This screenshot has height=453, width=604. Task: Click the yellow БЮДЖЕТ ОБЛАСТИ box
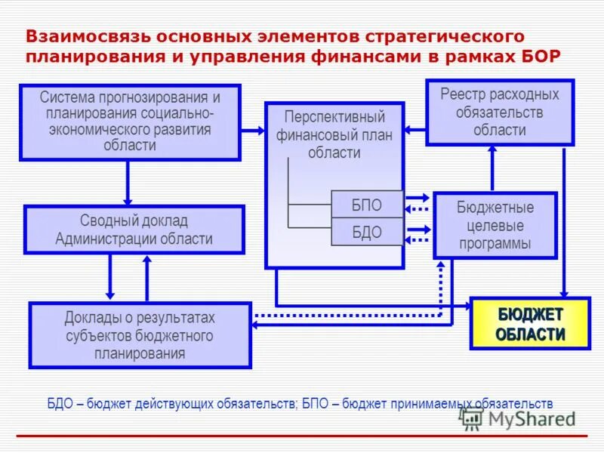tap(530, 325)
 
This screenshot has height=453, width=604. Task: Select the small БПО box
tap(367, 205)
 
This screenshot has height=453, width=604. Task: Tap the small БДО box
tap(367, 232)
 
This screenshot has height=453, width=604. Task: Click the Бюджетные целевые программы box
tap(495, 225)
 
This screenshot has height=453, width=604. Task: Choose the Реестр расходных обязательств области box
tap(500, 112)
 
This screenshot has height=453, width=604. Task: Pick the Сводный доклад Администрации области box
tap(134, 230)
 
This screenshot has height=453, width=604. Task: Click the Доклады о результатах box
tap(140, 335)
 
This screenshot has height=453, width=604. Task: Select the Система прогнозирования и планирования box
tap(130, 122)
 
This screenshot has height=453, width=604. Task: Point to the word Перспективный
tap(334, 118)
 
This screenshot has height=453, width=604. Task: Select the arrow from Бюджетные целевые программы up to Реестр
tap(492, 168)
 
